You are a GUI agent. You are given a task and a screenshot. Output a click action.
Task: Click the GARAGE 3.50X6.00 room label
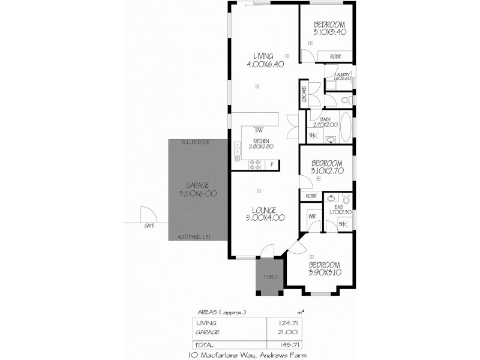[x=197, y=190]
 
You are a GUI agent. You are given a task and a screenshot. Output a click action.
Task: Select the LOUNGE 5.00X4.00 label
[x=265, y=214]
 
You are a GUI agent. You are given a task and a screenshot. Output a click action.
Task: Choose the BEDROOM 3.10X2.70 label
[x=326, y=166]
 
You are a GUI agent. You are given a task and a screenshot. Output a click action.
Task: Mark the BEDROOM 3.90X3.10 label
[x=325, y=268]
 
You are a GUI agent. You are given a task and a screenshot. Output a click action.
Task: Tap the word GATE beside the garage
[x=149, y=226]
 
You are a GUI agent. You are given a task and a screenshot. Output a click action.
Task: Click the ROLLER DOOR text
[x=196, y=142]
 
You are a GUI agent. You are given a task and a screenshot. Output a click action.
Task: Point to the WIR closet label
[x=312, y=215]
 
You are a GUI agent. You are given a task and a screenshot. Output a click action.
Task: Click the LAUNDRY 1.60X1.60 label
[x=338, y=76]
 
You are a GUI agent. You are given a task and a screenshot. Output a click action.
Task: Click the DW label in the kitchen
[x=259, y=130]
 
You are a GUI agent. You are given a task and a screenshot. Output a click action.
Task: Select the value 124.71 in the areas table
[x=291, y=322]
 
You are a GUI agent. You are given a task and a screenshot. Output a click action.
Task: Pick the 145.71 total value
[x=291, y=345]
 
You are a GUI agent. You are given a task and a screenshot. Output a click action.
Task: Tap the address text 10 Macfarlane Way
[x=219, y=355]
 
